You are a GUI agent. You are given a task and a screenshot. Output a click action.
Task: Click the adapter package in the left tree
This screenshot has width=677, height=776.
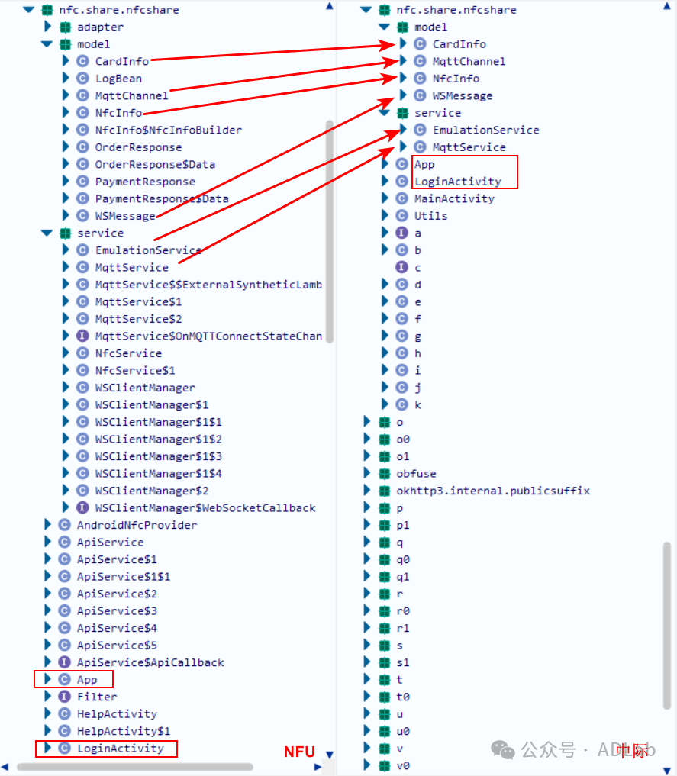[x=100, y=27]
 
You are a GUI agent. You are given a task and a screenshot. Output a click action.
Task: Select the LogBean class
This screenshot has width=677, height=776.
[x=118, y=79]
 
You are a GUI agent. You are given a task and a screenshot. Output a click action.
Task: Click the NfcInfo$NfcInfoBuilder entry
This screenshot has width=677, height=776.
[x=168, y=130]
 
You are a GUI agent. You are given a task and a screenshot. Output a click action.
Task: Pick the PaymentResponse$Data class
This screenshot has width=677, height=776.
[x=162, y=198]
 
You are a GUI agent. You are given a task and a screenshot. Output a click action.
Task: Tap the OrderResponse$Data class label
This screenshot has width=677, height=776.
[x=155, y=164]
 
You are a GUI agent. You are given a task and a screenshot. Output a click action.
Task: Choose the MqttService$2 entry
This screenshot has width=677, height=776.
[x=138, y=319]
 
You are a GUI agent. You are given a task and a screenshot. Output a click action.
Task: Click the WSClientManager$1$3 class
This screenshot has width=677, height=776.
[x=158, y=456]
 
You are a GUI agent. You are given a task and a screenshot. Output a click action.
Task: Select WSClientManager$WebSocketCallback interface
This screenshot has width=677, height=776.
[x=205, y=507]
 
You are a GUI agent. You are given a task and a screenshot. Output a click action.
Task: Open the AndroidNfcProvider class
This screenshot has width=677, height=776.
[x=137, y=525]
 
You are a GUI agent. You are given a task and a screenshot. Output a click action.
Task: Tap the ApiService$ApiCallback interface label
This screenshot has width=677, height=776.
[x=150, y=662]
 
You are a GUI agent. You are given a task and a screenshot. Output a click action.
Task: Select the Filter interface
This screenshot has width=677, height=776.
[x=97, y=697]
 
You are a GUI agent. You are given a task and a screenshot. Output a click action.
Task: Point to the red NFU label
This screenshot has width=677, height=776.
[x=299, y=752]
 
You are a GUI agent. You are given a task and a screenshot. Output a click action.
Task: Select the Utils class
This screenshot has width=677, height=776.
[x=430, y=216]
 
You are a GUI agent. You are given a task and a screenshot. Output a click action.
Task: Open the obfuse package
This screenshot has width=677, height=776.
[x=416, y=473]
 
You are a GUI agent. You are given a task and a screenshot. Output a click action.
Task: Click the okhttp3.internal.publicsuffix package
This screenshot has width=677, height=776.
[x=492, y=491]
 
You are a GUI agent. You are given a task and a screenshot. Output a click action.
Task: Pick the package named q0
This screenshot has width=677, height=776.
[x=403, y=559]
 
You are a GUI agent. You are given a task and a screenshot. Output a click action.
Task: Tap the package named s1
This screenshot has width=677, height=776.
[x=403, y=662]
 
